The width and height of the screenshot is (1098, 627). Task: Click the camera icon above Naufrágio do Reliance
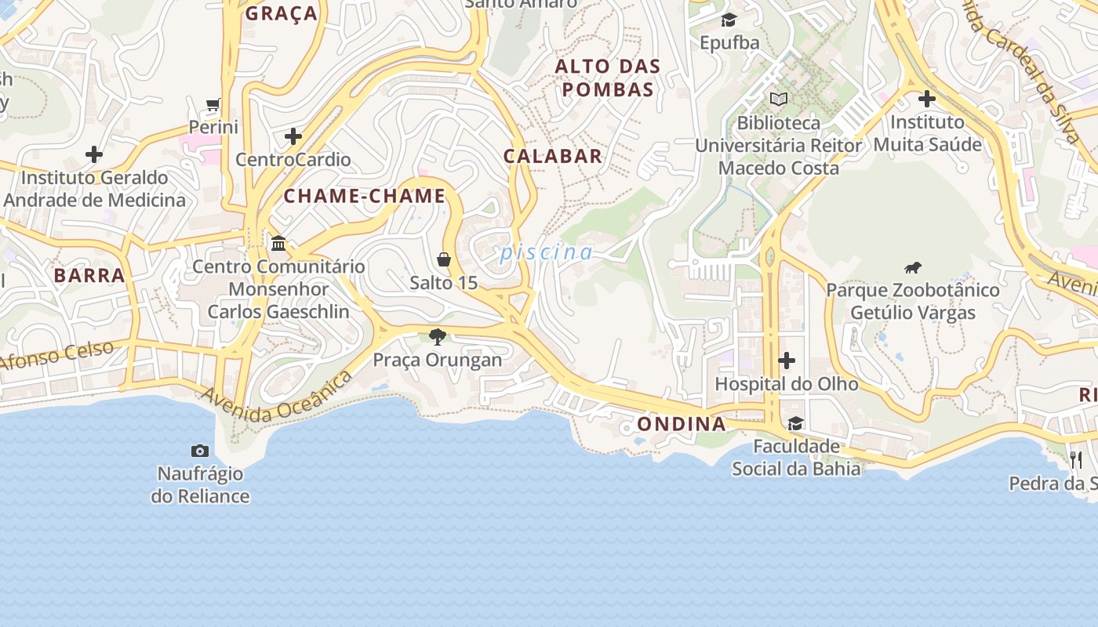click(200, 451)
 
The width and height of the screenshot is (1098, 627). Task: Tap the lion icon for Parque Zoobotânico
click(912, 268)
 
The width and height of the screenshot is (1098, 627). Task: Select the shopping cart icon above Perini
click(213, 104)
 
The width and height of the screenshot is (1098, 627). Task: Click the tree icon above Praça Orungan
click(438, 337)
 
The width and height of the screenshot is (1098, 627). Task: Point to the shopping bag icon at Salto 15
click(444, 259)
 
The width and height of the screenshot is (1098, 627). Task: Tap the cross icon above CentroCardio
click(293, 136)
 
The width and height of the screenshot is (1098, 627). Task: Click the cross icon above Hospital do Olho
click(787, 361)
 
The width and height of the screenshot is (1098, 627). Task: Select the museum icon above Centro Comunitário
click(278, 243)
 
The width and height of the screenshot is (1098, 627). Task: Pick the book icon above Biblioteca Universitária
click(778, 100)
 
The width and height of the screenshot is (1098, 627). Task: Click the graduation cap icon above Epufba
click(729, 20)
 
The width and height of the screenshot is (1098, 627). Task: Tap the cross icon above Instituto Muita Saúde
click(927, 99)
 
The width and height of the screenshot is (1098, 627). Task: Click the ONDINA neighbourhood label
click(682, 424)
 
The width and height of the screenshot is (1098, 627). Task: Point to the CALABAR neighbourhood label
click(553, 156)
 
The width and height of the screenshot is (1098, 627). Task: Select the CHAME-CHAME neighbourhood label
click(365, 196)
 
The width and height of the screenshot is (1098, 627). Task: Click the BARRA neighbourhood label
click(89, 275)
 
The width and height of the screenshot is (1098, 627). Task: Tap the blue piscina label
click(547, 252)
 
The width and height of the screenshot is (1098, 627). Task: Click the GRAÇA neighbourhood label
click(282, 13)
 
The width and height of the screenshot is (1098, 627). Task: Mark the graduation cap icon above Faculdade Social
click(796, 424)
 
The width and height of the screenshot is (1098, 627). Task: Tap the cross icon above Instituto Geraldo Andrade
click(94, 154)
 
